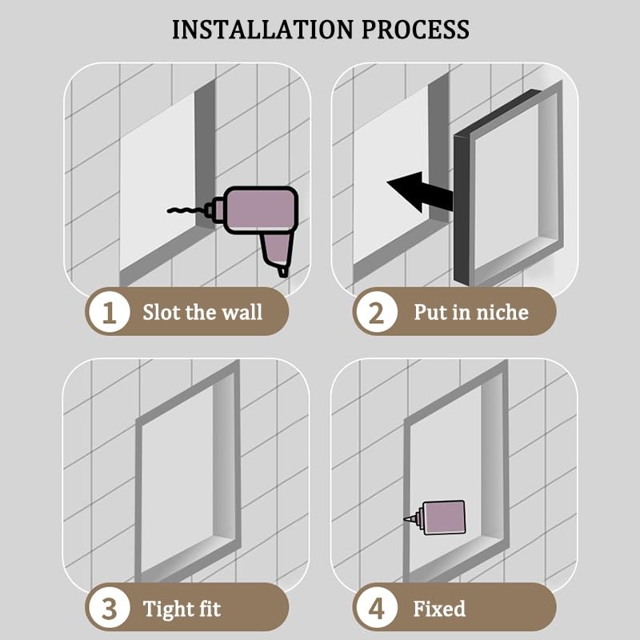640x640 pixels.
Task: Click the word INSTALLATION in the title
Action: pyautogui.click(x=263, y=30)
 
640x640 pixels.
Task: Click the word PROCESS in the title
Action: pyautogui.click(x=415, y=30)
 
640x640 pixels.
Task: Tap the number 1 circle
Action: pyautogui.click(x=109, y=313)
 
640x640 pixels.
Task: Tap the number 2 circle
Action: pyautogui.click(x=376, y=313)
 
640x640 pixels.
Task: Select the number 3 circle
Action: pyautogui.click(x=109, y=609)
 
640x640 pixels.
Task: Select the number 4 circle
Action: pyautogui.click(x=376, y=609)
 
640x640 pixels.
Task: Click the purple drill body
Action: pyautogui.click(x=262, y=210)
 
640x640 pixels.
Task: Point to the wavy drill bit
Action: pyautogui.click(x=186, y=210)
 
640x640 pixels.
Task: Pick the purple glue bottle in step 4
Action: pyautogui.click(x=444, y=517)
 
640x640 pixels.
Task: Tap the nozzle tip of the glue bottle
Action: pyautogui.click(x=405, y=519)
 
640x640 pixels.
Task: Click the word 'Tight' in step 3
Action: pyautogui.click(x=168, y=610)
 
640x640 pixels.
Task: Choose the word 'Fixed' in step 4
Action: pyautogui.click(x=439, y=609)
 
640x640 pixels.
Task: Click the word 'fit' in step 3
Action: pyautogui.click(x=210, y=609)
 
